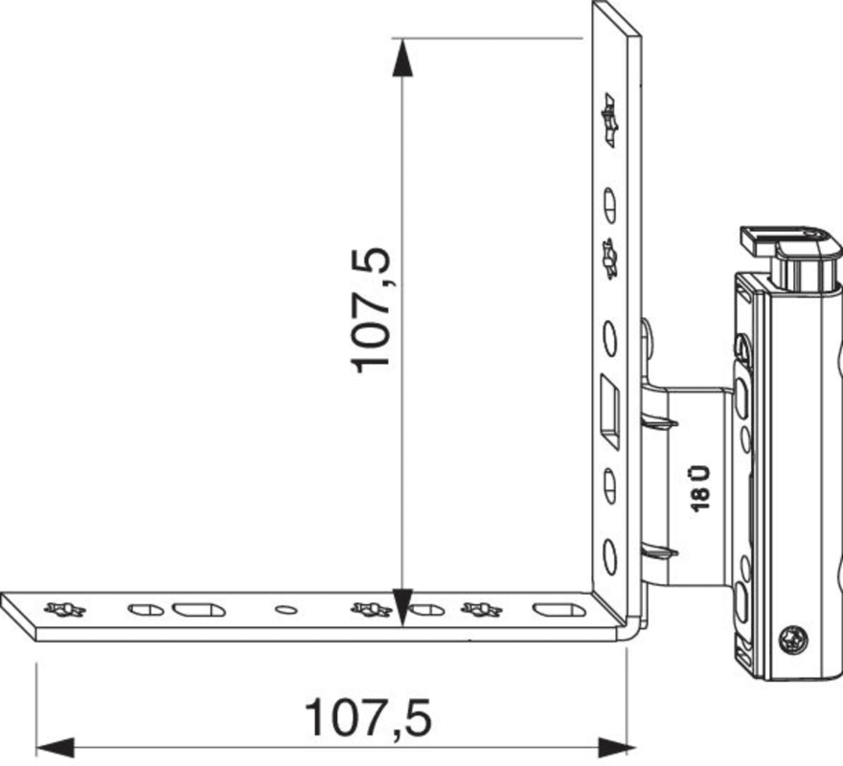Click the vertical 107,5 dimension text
[x=370, y=310]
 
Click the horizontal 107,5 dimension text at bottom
[x=368, y=718]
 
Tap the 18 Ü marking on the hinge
[x=700, y=488]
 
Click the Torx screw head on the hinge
[x=792, y=641]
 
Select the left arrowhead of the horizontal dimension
[x=55, y=748]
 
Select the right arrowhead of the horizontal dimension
[x=617, y=747]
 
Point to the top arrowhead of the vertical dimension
[x=402, y=58]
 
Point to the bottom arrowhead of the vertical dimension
[x=402, y=607]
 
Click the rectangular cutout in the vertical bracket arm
[x=609, y=412]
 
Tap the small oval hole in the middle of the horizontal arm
[x=286, y=609]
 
